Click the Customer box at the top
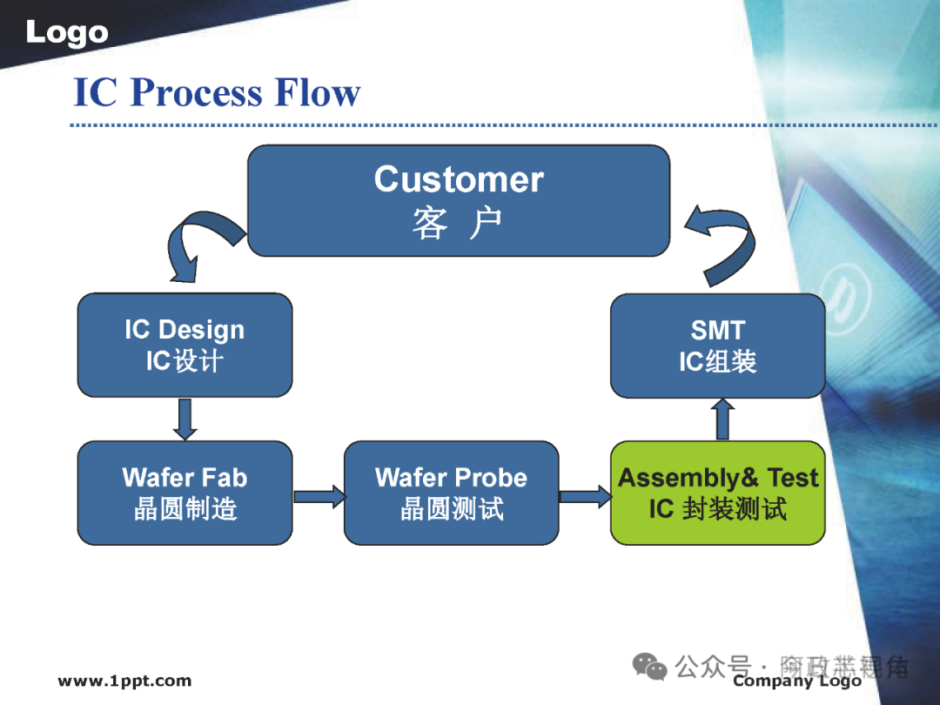pyautogui.click(x=459, y=201)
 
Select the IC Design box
pyautogui.click(x=185, y=345)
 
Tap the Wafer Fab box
pyautogui.click(x=185, y=493)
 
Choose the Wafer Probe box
pyautogui.click(x=451, y=493)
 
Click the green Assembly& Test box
pyautogui.click(x=717, y=493)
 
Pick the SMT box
pyautogui.click(x=717, y=345)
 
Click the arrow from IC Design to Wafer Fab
pyautogui.click(x=185, y=419)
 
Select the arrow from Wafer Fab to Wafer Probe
pyautogui.click(x=319, y=497)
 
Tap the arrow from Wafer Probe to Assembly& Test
pyautogui.click(x=584, y=497)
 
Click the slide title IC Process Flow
pyautogui.click(x=217, y=92)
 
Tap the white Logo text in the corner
pyautogui.click(x=67, y=33)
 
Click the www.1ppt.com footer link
pyautogui.click(x=124, y=681)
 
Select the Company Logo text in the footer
pyautogui.click(x=796, y=681)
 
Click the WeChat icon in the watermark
pyautogui.click(x=650, y=667)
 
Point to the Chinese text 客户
pyautogui.click(x=458, y=224)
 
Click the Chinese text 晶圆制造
pyautogui.click(x=185, y=508)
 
